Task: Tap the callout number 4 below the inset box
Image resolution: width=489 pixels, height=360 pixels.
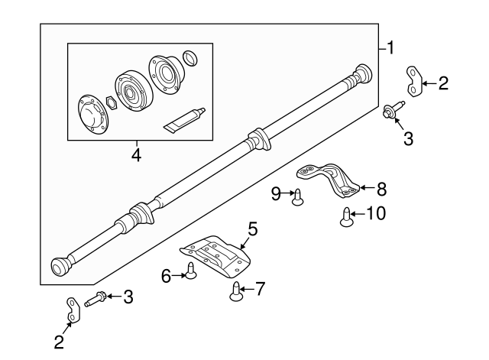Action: pyautogui.click(x=136, y=155)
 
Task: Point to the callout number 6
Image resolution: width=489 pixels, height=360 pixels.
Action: pyautogui.click(x=167, y=276)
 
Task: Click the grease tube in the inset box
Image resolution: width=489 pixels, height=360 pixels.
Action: pyautogui.click(x=183, y=118)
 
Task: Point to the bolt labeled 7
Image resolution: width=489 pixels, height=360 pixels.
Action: pyautogui.click(x=236, y=289)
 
